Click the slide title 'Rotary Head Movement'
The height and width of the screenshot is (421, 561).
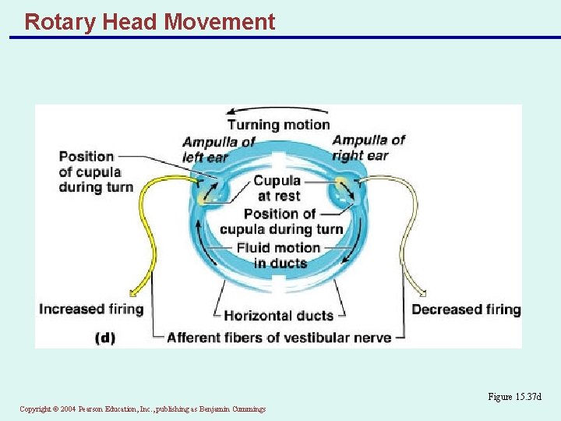click(x=150, y=22)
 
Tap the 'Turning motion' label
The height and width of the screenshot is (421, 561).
click(x=278, y=125)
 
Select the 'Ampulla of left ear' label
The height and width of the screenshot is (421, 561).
click(x=218, y=148)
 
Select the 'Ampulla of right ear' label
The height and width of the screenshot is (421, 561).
click(x=369, y=147)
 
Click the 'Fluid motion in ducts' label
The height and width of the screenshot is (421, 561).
click(x=279, y=255)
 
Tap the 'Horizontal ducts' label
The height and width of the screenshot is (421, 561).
click(x=278, y=316)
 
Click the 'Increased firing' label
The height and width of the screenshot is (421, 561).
click(x=91, y=309)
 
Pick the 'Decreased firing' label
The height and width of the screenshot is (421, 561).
click(x=466, y=310)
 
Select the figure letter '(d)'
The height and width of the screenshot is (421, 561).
click(x=105, y=338)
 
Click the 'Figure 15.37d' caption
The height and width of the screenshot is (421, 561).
click(x=513, y=397)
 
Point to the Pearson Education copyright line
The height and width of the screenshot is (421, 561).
click(x=143, y=409)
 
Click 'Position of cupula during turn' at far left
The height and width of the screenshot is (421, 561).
click(x=96, y=172)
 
